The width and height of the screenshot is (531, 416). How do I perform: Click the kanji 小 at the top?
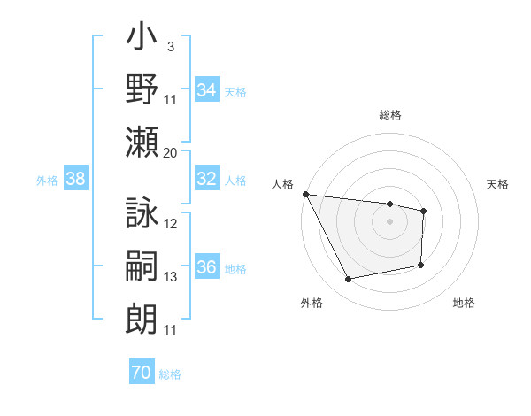pos(142,39)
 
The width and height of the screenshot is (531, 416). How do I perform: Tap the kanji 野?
pos(142,89)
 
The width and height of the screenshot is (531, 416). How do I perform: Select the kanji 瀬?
pos(142,142)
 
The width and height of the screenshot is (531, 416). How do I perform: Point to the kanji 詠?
pos(142,214)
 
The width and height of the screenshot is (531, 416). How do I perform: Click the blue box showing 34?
pos(207,89)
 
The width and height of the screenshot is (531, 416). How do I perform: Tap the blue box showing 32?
pos(207,179)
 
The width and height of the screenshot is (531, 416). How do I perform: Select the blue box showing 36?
pos(207,267)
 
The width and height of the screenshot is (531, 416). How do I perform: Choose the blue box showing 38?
pos(75,179)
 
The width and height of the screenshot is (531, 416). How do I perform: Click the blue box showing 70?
pos(142,373)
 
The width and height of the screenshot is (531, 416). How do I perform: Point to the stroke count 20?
pos(170,152)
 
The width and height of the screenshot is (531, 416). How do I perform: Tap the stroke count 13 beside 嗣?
pos(171,277)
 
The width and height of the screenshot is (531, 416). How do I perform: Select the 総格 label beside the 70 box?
pos(170,374)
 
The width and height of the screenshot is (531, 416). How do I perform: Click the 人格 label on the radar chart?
pos(282,184)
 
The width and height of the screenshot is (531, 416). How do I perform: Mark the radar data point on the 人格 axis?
pos(305,194)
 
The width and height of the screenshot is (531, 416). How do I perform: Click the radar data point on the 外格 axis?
pos(348,280)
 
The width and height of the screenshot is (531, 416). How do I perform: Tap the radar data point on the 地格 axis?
pos(421,265)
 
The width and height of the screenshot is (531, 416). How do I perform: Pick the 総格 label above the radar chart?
pos(389,115)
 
